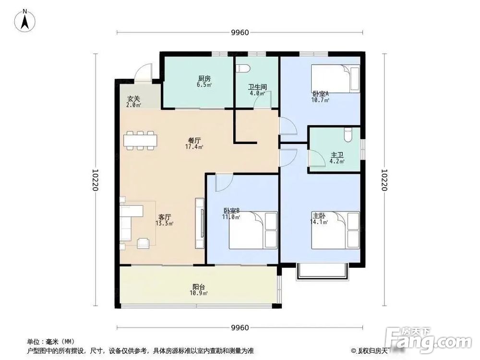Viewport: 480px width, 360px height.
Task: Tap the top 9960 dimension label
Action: [240, 33]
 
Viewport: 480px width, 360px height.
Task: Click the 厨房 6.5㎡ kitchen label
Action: [204, 81]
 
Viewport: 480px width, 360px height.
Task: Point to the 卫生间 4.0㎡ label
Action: [257, 90]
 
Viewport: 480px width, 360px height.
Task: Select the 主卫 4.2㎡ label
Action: [337, 158]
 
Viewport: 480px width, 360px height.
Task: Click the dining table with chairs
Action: [140, 141]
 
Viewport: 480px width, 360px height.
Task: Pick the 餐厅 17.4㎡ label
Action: [194, 144]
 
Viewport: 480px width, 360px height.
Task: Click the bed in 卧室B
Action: [253, 230]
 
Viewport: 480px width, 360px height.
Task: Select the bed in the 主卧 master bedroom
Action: [336, 230]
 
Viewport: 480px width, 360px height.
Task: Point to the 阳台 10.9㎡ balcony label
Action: [199, 289]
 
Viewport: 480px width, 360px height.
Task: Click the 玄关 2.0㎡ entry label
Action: [133, 101]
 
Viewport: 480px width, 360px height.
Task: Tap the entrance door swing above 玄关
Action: [143, 73]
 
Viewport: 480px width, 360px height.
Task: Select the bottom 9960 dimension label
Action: [240, 328]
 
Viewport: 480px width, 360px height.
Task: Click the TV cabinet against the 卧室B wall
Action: [200, 223]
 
